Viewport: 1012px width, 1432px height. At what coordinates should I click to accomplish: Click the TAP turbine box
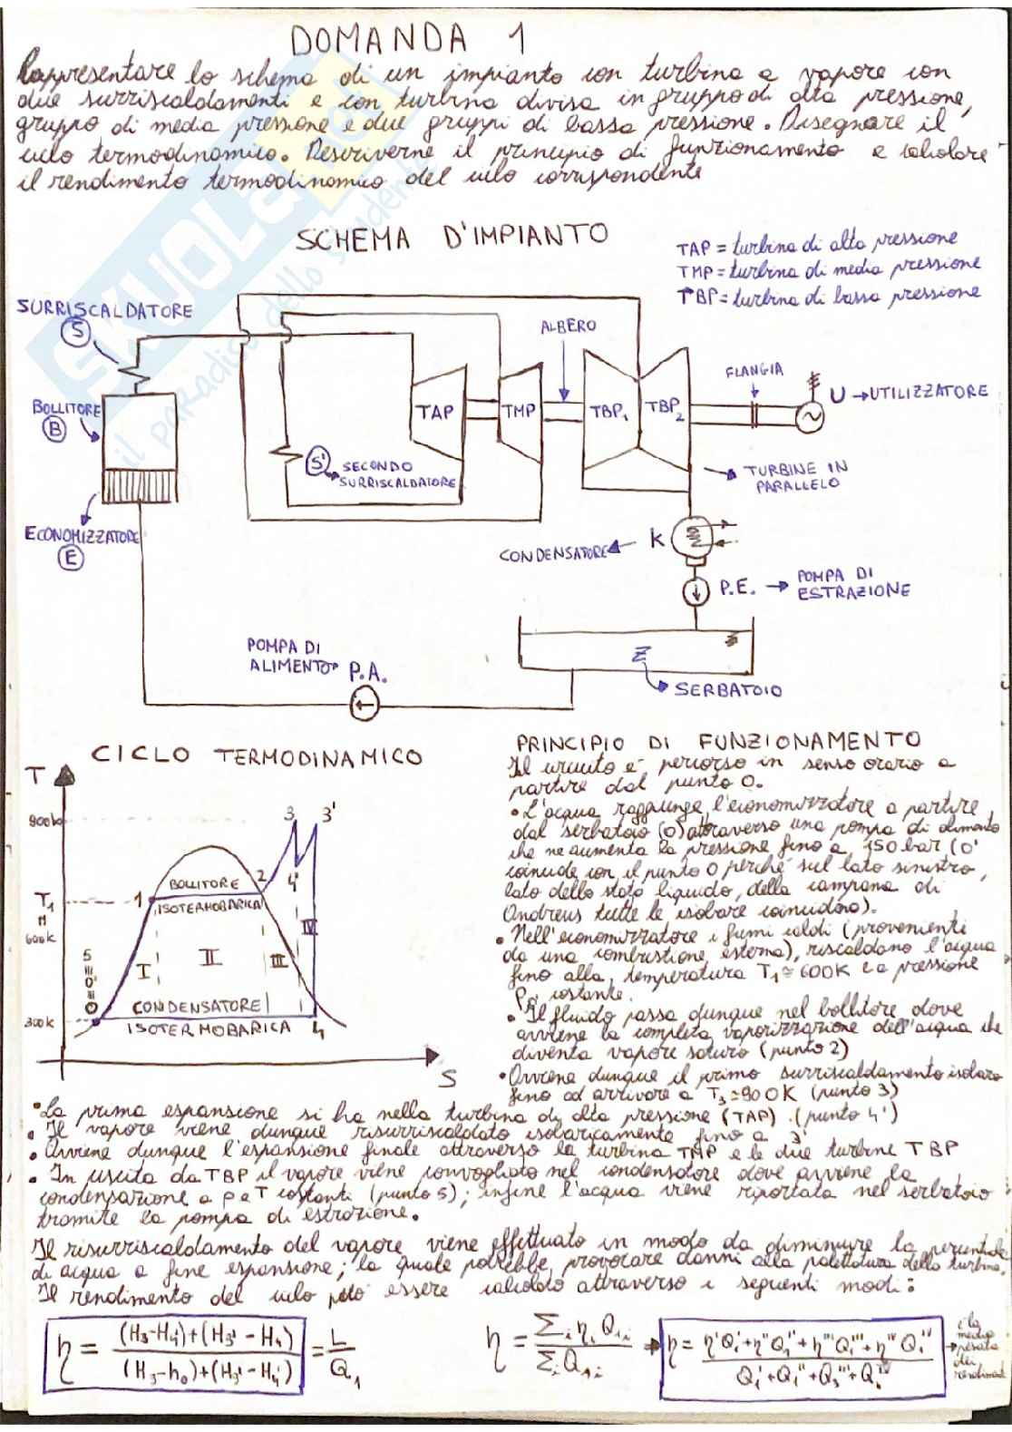tap(436, 413)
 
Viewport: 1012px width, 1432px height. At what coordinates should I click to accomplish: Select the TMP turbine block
tap(519, 411)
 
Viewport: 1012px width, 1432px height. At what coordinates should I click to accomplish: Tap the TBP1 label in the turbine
tap(608, 411)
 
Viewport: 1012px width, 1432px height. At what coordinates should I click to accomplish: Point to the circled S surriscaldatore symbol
tap(79, 333)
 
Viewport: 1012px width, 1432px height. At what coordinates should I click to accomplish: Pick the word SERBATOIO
tap(727, 689)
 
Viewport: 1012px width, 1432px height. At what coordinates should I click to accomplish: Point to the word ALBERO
tap(569, 326)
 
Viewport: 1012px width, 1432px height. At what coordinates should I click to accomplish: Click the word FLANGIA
tap(754, 371)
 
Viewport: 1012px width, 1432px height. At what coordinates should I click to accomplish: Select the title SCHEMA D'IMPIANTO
tap(452, 238)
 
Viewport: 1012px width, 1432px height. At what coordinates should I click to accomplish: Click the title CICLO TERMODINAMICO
tap(258, 756)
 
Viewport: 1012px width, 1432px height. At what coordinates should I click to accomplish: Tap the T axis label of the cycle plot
tap(37, 777)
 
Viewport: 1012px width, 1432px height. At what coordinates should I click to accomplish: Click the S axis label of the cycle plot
tap(447, 1079)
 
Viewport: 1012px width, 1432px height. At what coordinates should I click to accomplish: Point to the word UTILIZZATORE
tap(922, 392)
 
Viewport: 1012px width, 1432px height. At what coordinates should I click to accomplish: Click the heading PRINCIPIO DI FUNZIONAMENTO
tap(717, 740)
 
